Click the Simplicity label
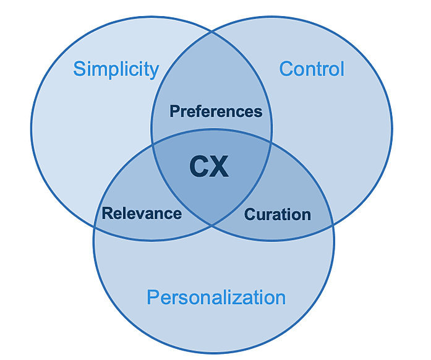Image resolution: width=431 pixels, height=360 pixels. tap(116, 69)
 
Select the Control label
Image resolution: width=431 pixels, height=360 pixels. tap(312, 68)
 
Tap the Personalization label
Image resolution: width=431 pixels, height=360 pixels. tap(216, 298)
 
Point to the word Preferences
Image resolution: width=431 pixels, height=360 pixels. tap(216, 112)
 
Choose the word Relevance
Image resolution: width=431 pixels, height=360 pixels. tap(142, 214)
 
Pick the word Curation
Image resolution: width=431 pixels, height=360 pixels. tap(278, 215)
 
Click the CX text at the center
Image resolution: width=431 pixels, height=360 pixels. tap(209, 166)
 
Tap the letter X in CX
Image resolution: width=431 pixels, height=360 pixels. tap(220, 166)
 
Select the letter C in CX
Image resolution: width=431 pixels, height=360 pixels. tap(198, 166)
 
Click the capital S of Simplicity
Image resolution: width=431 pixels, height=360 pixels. tap(79, 69)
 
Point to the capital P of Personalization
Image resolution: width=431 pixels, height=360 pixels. tap(153, 298)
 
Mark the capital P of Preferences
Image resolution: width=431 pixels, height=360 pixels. tap(174, 112)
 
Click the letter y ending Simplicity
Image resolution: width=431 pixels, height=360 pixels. tap(154, 71)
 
